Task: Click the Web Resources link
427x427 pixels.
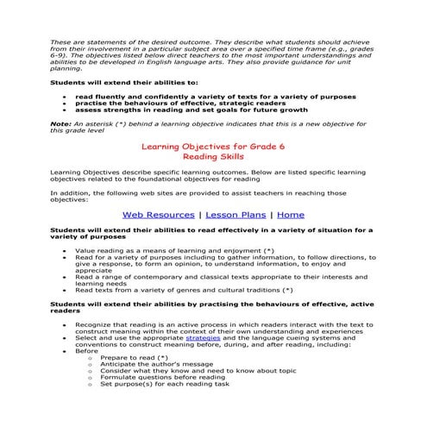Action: (x=159, y=214)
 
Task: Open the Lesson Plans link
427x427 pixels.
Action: (x=235, y=214)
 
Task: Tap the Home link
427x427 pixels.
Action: (x=291, y=214)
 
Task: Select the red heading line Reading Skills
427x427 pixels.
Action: (x=213, y=159)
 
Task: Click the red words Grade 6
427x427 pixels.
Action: (x=266, y=148)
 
